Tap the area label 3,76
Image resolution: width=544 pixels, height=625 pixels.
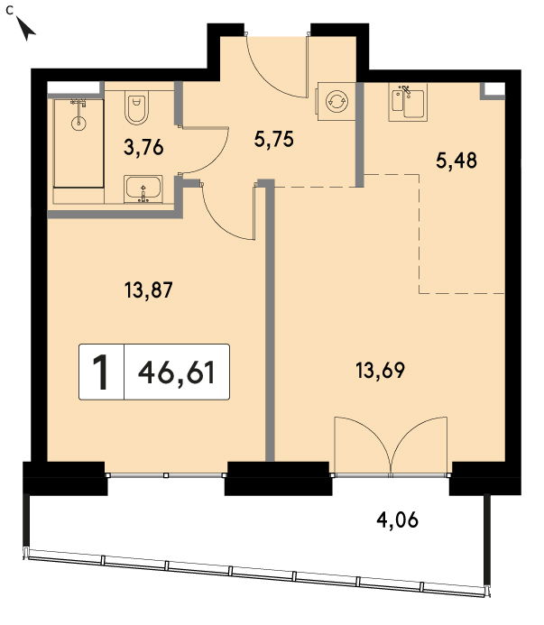[x=143, y=148]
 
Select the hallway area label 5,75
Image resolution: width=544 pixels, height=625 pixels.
[x=274, y=140]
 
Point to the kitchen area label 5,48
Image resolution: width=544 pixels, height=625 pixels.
[x=456, y=161]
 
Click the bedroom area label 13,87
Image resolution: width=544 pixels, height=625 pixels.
[x=149, y=290]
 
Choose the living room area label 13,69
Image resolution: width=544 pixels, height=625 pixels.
[x=380, y=371]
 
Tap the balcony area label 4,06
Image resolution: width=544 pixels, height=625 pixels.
[x=398, y=519]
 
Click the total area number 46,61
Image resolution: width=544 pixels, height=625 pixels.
[x=177, y=372]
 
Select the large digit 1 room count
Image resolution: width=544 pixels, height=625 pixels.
[x=100, y=372]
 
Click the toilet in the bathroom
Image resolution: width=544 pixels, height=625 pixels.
[x=137, y=106]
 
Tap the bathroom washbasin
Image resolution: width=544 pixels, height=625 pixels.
[x=143, y=188]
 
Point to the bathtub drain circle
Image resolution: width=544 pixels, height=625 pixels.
[x=78, y=123]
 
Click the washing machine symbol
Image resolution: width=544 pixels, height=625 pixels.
[x=337, y=101]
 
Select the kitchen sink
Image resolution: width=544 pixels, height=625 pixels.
[x=408, y=103]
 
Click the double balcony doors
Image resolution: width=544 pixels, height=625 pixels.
[x=391, y=446]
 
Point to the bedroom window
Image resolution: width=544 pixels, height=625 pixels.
[x=166, y=475]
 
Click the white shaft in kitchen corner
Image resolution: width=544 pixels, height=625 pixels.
[x=494, y=89]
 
